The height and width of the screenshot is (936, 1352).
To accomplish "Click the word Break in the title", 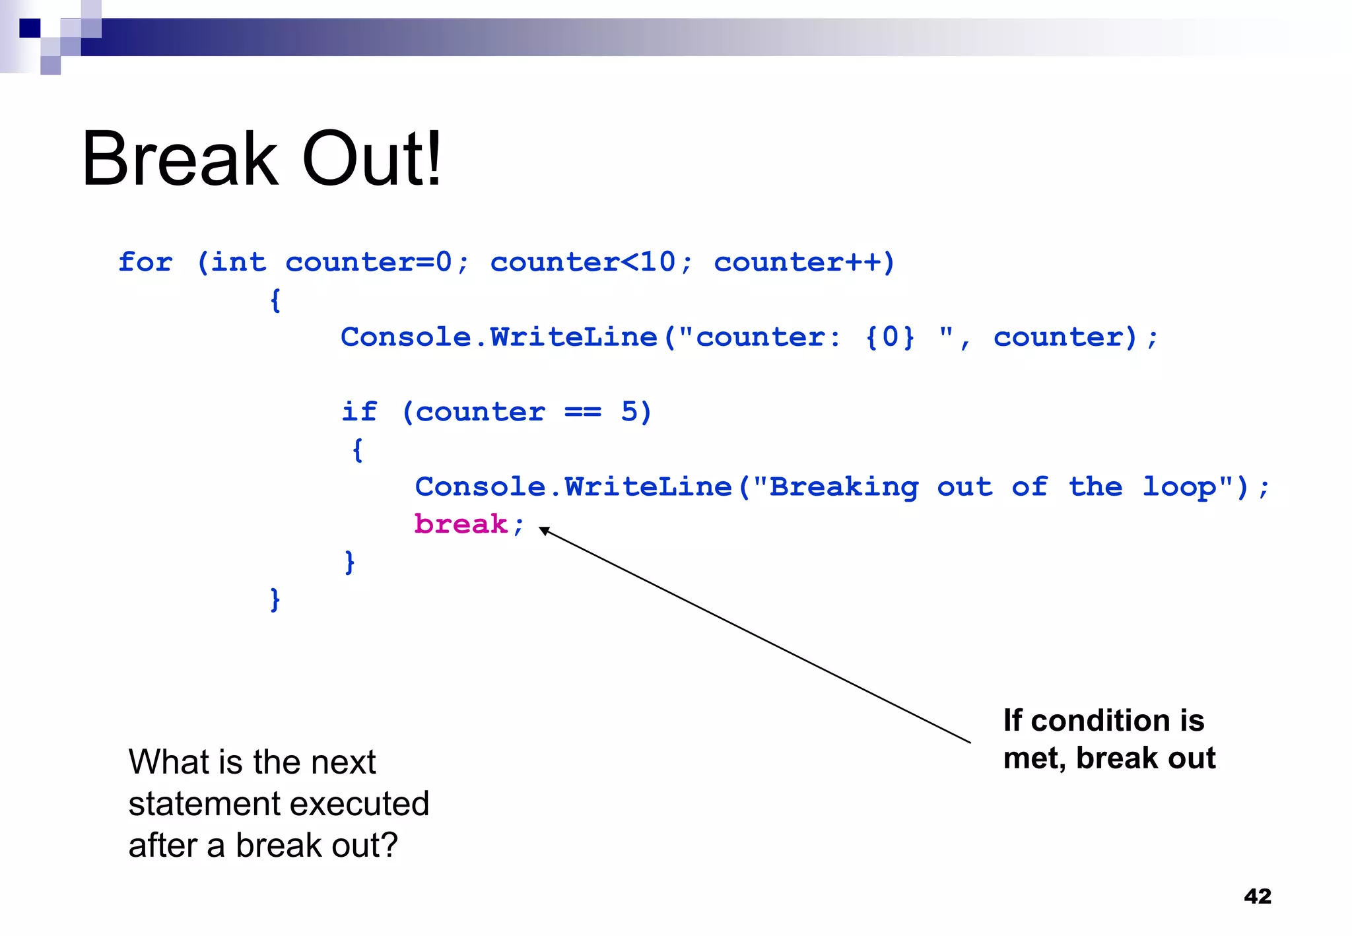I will point(180,159).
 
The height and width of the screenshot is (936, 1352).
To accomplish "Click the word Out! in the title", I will point(372,159).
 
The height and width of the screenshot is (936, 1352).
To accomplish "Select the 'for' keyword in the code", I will point(145,262).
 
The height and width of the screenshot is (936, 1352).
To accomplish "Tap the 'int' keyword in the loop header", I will point(238,262).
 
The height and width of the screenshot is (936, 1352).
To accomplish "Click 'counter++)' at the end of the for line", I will point(804,262).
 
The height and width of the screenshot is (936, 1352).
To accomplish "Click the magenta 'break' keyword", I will point(461,524).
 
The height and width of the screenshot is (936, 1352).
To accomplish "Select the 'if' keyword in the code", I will point(359,412).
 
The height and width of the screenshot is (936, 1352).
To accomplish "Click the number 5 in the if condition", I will point(629,412).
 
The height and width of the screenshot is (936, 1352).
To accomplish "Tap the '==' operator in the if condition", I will point(583,412).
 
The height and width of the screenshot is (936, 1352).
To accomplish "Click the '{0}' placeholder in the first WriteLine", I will point(890,337).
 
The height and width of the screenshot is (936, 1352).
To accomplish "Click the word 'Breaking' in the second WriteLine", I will point(844,487).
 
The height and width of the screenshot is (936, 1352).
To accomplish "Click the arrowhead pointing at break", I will point(544,530).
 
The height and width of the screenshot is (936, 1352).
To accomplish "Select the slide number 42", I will point(1257,896).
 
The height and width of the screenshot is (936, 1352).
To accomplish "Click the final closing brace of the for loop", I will point(275,599).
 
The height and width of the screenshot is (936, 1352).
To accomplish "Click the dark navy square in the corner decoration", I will point(30,28).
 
